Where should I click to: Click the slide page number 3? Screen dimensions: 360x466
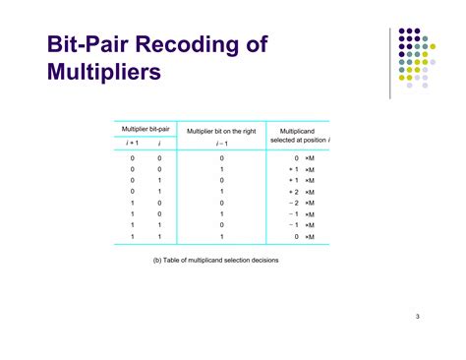pyautogui.click(x=417, y=316)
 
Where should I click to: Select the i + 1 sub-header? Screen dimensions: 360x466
pyautogui.click(x=133, y=144)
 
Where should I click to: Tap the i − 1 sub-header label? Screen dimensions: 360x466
pyautogui.click(x=222, y=144)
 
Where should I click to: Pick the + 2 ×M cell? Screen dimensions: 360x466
pyautogui.click(x=301, y=192)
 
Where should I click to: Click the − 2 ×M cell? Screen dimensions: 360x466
pyautogui.click(x=301, y=203)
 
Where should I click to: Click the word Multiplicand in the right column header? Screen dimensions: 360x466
pyautogui.click(x=298, y=130)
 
